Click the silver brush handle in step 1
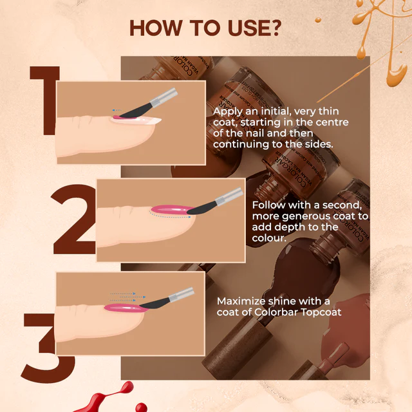coord(166,96)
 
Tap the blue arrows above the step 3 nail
coord(122,297)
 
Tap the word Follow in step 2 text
coord(269,204)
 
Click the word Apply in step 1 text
coord(228,111)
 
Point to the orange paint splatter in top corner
coord(380,32)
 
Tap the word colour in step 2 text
coord(269,239)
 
